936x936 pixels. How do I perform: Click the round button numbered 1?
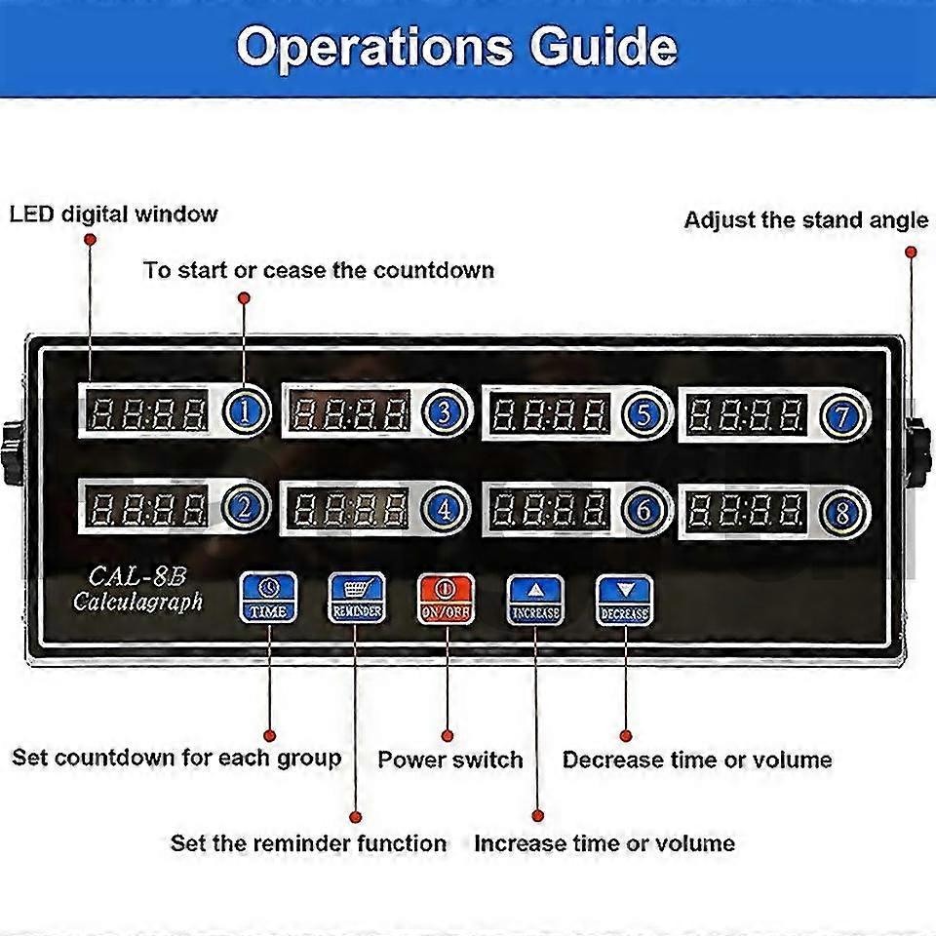247,412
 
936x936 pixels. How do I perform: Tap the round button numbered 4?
444,509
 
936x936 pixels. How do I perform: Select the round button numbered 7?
840,415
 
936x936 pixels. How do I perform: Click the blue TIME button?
268,598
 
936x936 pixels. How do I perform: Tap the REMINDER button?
357,598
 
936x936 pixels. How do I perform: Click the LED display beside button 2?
149,509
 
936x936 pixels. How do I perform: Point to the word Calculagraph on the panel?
137,602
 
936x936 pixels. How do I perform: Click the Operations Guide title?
457,46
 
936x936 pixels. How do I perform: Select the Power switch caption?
450,760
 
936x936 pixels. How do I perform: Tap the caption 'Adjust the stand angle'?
805,220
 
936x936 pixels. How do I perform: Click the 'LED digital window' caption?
114,214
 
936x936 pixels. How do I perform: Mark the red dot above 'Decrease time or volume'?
626,736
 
